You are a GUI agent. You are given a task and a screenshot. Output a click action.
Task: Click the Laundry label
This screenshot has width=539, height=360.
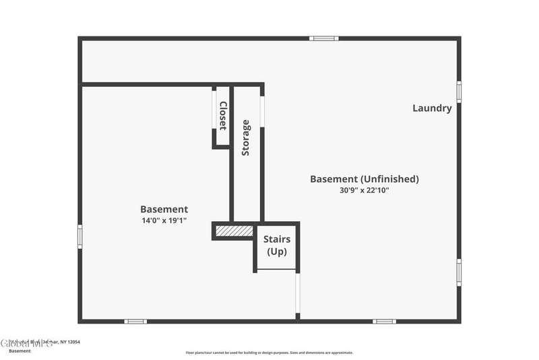click(432, 108)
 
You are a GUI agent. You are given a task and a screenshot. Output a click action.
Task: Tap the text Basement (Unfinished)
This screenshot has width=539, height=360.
click(364, 179)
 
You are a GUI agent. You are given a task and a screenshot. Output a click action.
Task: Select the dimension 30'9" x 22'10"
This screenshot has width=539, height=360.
click(364, 191)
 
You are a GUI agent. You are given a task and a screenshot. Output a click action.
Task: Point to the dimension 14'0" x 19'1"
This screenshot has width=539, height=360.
click(164, 220)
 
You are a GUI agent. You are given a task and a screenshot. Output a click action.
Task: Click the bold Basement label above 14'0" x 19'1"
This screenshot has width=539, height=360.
click(164, 210)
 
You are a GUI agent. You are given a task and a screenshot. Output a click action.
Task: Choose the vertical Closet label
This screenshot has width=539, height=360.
click(222, 115)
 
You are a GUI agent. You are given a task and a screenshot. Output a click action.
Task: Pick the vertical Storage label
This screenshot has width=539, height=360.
click(246, 138)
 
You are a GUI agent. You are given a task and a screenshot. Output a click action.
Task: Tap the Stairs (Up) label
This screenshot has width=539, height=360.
click(276, 245)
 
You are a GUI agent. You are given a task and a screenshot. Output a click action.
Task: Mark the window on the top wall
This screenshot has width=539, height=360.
click(324, 38)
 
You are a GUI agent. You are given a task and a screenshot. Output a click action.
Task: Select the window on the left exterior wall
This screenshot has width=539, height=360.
click(80, 236)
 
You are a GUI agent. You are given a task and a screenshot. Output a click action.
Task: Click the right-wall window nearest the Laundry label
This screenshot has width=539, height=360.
click(459, 92)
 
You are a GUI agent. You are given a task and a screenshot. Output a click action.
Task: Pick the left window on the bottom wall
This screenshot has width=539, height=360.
click(135, 321)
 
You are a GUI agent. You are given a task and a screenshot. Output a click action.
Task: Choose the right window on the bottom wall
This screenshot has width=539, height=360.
click(384, 321)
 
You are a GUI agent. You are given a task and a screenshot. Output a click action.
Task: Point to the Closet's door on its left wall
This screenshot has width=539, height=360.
click(214, 115)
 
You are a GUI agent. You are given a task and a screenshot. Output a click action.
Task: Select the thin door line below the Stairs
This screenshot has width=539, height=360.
click(296, 295)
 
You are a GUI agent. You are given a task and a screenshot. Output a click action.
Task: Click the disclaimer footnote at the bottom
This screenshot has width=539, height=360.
click(269, 353)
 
